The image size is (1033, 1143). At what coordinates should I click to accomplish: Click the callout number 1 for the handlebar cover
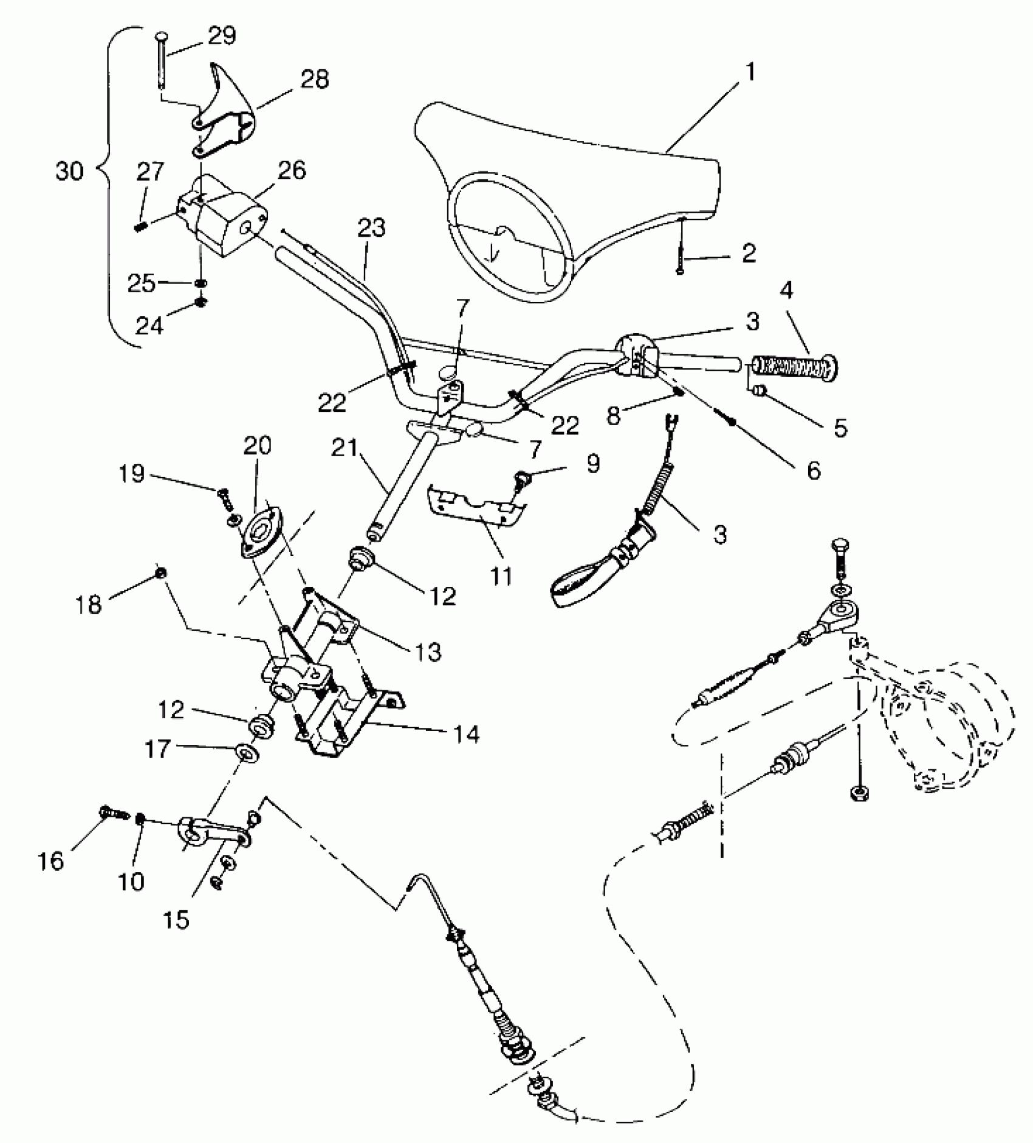(750, 72)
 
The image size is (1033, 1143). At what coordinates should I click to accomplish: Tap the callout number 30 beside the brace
(69, 171)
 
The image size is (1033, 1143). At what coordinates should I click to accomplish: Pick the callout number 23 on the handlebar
(371, 229)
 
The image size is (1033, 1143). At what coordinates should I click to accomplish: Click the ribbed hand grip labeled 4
(795, 367)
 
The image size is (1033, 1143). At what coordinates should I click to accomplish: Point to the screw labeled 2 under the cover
(681, 252)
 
